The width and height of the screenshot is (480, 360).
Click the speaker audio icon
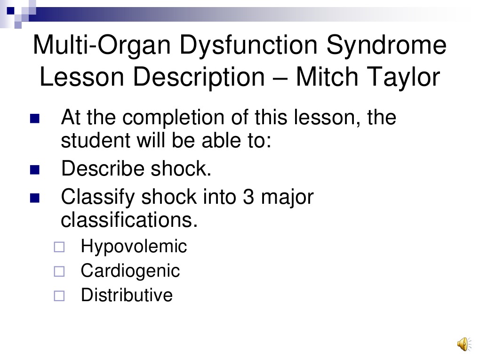pos(463,344)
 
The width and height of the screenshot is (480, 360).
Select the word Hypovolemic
pos(134,246)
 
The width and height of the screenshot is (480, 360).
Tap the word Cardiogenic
pos(130,271)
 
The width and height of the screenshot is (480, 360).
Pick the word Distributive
pos(127,295)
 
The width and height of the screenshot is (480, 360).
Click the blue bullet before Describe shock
pos(34,169)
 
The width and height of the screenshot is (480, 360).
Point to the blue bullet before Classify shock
pos(34,198)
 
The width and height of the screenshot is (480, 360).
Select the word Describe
pos(103,168)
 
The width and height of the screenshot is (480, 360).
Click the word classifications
pos(129,220)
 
